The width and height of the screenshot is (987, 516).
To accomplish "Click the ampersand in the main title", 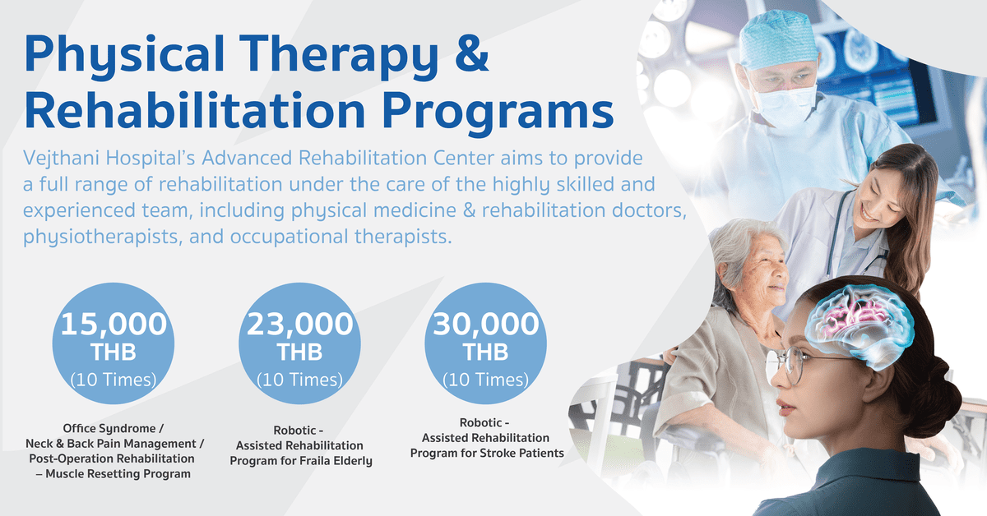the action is tap(472, 53).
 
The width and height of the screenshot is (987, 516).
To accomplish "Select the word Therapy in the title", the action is tap(341, 58).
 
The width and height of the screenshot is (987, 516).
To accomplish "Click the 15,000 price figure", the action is tap(114, 324).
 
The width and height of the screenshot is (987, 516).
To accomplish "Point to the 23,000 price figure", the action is tap(299, 324).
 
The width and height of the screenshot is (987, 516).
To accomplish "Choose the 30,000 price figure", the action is tap(485, 324).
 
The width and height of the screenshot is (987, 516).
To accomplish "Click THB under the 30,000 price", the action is tap(485, 352).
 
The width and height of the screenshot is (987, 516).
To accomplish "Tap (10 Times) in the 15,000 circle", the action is tap(114, 380).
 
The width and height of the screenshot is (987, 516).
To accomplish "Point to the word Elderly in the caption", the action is tap(354, 461).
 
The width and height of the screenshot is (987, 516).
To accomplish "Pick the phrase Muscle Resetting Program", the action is tap(118, 474).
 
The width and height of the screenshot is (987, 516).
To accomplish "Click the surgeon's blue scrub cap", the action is tap(778, 39).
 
